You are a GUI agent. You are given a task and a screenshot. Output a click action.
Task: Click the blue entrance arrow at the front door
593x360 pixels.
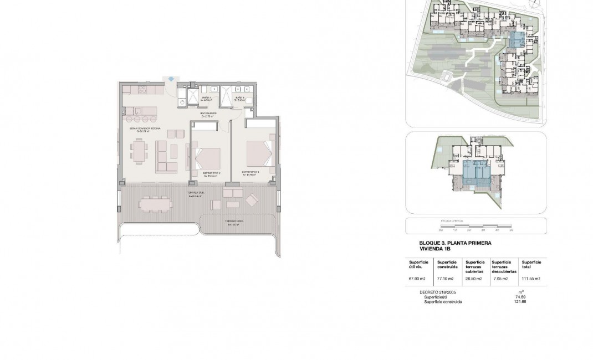(171, 79)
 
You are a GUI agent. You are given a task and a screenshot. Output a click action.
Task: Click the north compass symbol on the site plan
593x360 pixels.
(534, 4)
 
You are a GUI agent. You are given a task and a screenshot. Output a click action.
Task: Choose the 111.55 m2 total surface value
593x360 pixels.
(530, 279)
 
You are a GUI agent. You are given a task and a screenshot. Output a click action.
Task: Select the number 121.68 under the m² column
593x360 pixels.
(520, 302)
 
